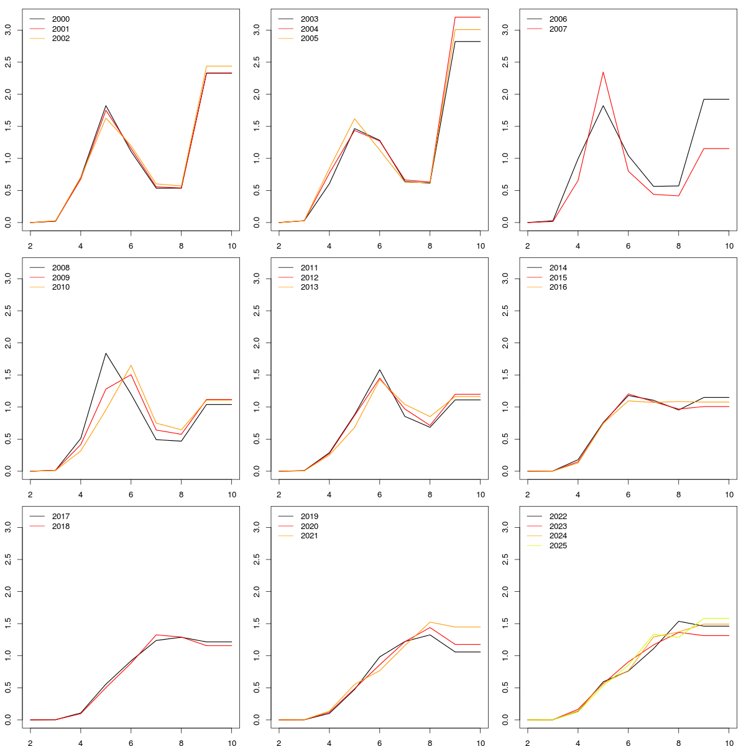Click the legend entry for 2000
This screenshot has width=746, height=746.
coord(60,19)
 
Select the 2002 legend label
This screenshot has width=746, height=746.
coord(60,39)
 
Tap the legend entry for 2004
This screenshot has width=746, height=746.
coord(309,29)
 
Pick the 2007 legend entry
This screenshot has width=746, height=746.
coord(558,29)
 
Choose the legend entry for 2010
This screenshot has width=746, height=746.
coord(60,287)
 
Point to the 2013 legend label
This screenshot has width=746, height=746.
coord(309,287)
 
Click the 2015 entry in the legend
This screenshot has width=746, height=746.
coord(558,278)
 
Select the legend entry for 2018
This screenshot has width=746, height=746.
coord(60,527)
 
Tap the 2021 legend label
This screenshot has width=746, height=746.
coord(309,536)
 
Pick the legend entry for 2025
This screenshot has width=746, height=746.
coord(558,546)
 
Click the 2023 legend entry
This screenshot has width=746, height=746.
coord(558,527)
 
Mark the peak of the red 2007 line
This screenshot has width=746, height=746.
coord(603,72)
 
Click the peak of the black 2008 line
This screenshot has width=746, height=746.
coord(106,353)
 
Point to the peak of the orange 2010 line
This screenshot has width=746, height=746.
coord(131,366)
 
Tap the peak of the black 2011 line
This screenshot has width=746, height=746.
coord(379,370)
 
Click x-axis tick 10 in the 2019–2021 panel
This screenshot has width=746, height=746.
coord(480,742)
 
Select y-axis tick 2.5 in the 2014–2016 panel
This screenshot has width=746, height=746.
coord(506,311)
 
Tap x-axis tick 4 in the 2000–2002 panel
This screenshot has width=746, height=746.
coord(80,245)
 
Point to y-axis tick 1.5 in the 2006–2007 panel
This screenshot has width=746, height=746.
coord(506,126)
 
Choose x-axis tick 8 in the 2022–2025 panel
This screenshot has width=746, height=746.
coord(678,742)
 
